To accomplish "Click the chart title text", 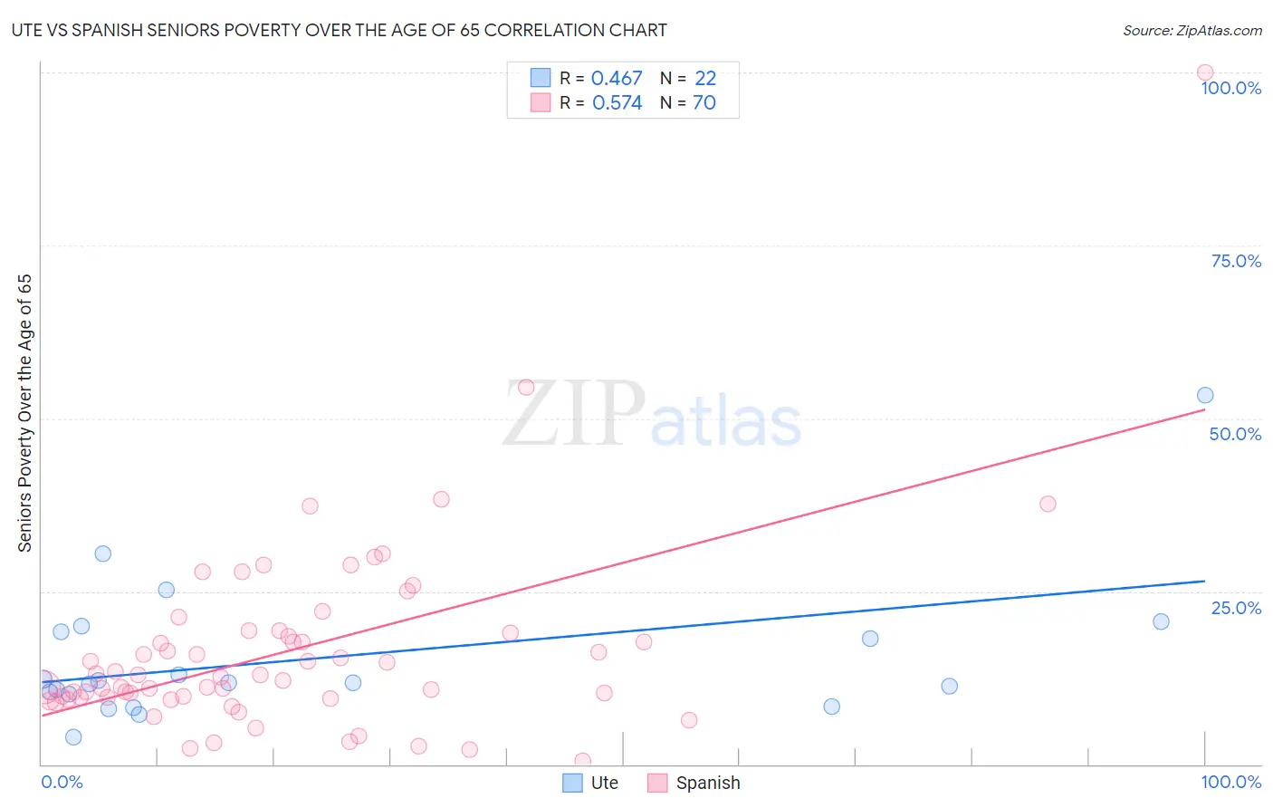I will click(x=339, y=30).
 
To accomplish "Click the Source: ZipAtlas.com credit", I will click(x=1192, y=30).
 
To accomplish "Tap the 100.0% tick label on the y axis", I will click(x=1230, y=88).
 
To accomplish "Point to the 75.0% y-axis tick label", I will click(x=1236, y=261).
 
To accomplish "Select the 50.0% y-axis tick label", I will click(x=1235, y=434).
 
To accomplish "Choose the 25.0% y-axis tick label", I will click(x=1236, y=608).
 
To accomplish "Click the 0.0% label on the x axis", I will click(x=62, y=782).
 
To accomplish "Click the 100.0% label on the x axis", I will click(x=1230, y=782).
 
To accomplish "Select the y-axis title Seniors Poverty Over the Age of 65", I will click(x=25, y=413).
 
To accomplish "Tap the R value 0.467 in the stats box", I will click(x=617, y=79).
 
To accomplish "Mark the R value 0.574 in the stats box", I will click(x=617, y=103).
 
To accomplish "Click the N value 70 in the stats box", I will click(x=704, y=103).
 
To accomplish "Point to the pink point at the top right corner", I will click(x=1205, y=72).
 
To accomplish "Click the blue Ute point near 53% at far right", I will click(x=1205, y=395).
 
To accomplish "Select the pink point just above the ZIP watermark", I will click(x=526, y=388).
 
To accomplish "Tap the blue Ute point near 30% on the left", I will click(x=103, y=553).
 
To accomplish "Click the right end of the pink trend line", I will click(x=1205, y=409).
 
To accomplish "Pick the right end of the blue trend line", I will click(x=1205, y=581).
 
